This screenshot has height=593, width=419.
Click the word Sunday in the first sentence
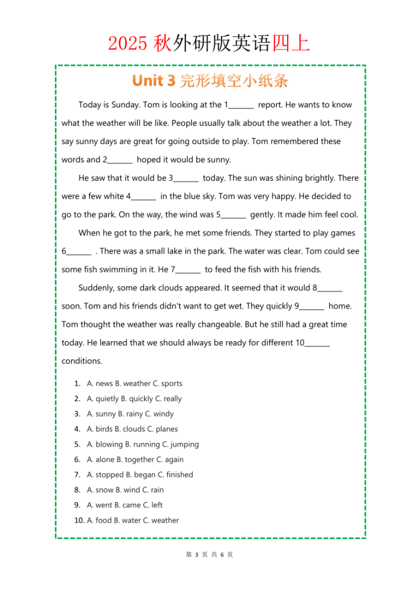pyautogui.click(x=127, y=105)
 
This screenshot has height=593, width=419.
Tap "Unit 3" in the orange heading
pyautogui.click(x=153, y=80)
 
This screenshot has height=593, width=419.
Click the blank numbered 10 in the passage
pyautogui.click(x=317, y=343)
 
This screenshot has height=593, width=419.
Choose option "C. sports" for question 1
pyautogui.click(x=167, y=383)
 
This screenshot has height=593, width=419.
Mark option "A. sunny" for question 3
pyautogui.click(x=101, y=414)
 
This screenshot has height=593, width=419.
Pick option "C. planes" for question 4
pyautogui.click(x=162, y=429)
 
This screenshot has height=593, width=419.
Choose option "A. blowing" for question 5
pyautogui.click(x=105, y=444)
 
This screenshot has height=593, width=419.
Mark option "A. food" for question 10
pyautogui.click(x=99, y=520)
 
